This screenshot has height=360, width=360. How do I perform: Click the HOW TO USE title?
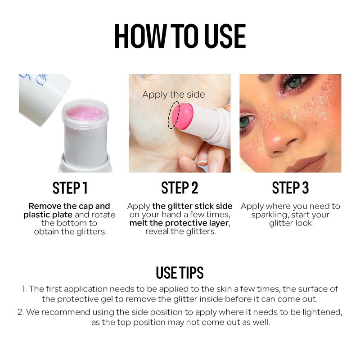click(180, 36)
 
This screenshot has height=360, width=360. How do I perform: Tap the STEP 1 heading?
click(70, 188)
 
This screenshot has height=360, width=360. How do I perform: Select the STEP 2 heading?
click(180, 188)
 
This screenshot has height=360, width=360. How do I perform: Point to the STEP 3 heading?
click(290, 188)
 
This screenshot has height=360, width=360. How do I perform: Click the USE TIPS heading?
click(180, 273)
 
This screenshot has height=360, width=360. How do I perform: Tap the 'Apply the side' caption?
click(174, 94)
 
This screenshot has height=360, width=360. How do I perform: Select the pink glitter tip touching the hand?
click(183, 116)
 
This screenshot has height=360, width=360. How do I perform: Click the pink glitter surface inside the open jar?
click(85, 112)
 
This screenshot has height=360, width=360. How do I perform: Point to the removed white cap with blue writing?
click(43, 98)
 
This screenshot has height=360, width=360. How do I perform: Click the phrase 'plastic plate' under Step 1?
click(48, 215)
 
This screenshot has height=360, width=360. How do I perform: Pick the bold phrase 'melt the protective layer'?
click(179, 223)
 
